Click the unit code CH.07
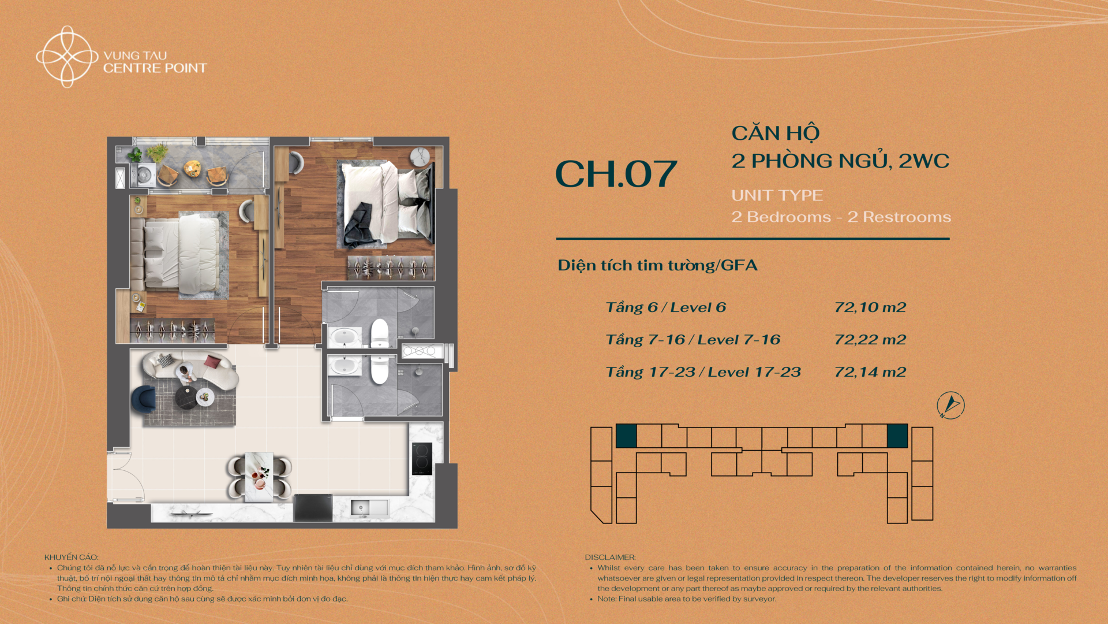click(616, 174)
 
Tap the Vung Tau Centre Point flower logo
click(67, 57)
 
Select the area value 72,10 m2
click(870, 307)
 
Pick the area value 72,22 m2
click(870, 340)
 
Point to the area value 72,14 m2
click(870, 372)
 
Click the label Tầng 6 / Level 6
click(666, 307)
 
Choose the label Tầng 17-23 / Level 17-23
click(703, 372)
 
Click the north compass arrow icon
click(950, 405)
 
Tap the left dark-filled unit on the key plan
click(626, 436)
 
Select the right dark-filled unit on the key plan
click(897, 436)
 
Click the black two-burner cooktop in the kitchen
click(422, 459)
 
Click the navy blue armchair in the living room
click(143, 399)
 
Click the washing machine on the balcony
click(143, 174)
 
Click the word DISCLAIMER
click(610, 558)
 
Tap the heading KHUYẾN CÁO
click(72, 558)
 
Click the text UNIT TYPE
click(777, 195)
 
